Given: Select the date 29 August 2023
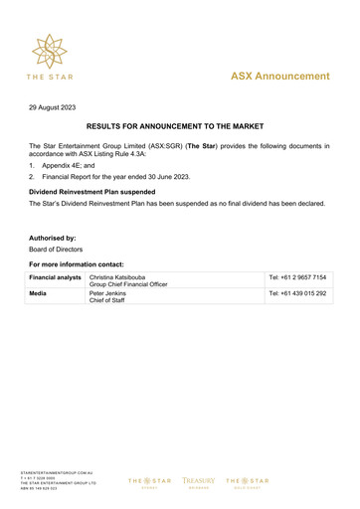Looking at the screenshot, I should [53, 105].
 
